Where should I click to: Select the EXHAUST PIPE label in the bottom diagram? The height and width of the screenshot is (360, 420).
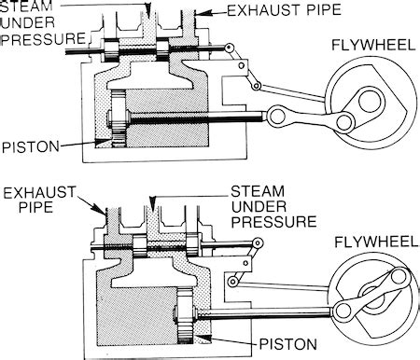click(x=34, y=198)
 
